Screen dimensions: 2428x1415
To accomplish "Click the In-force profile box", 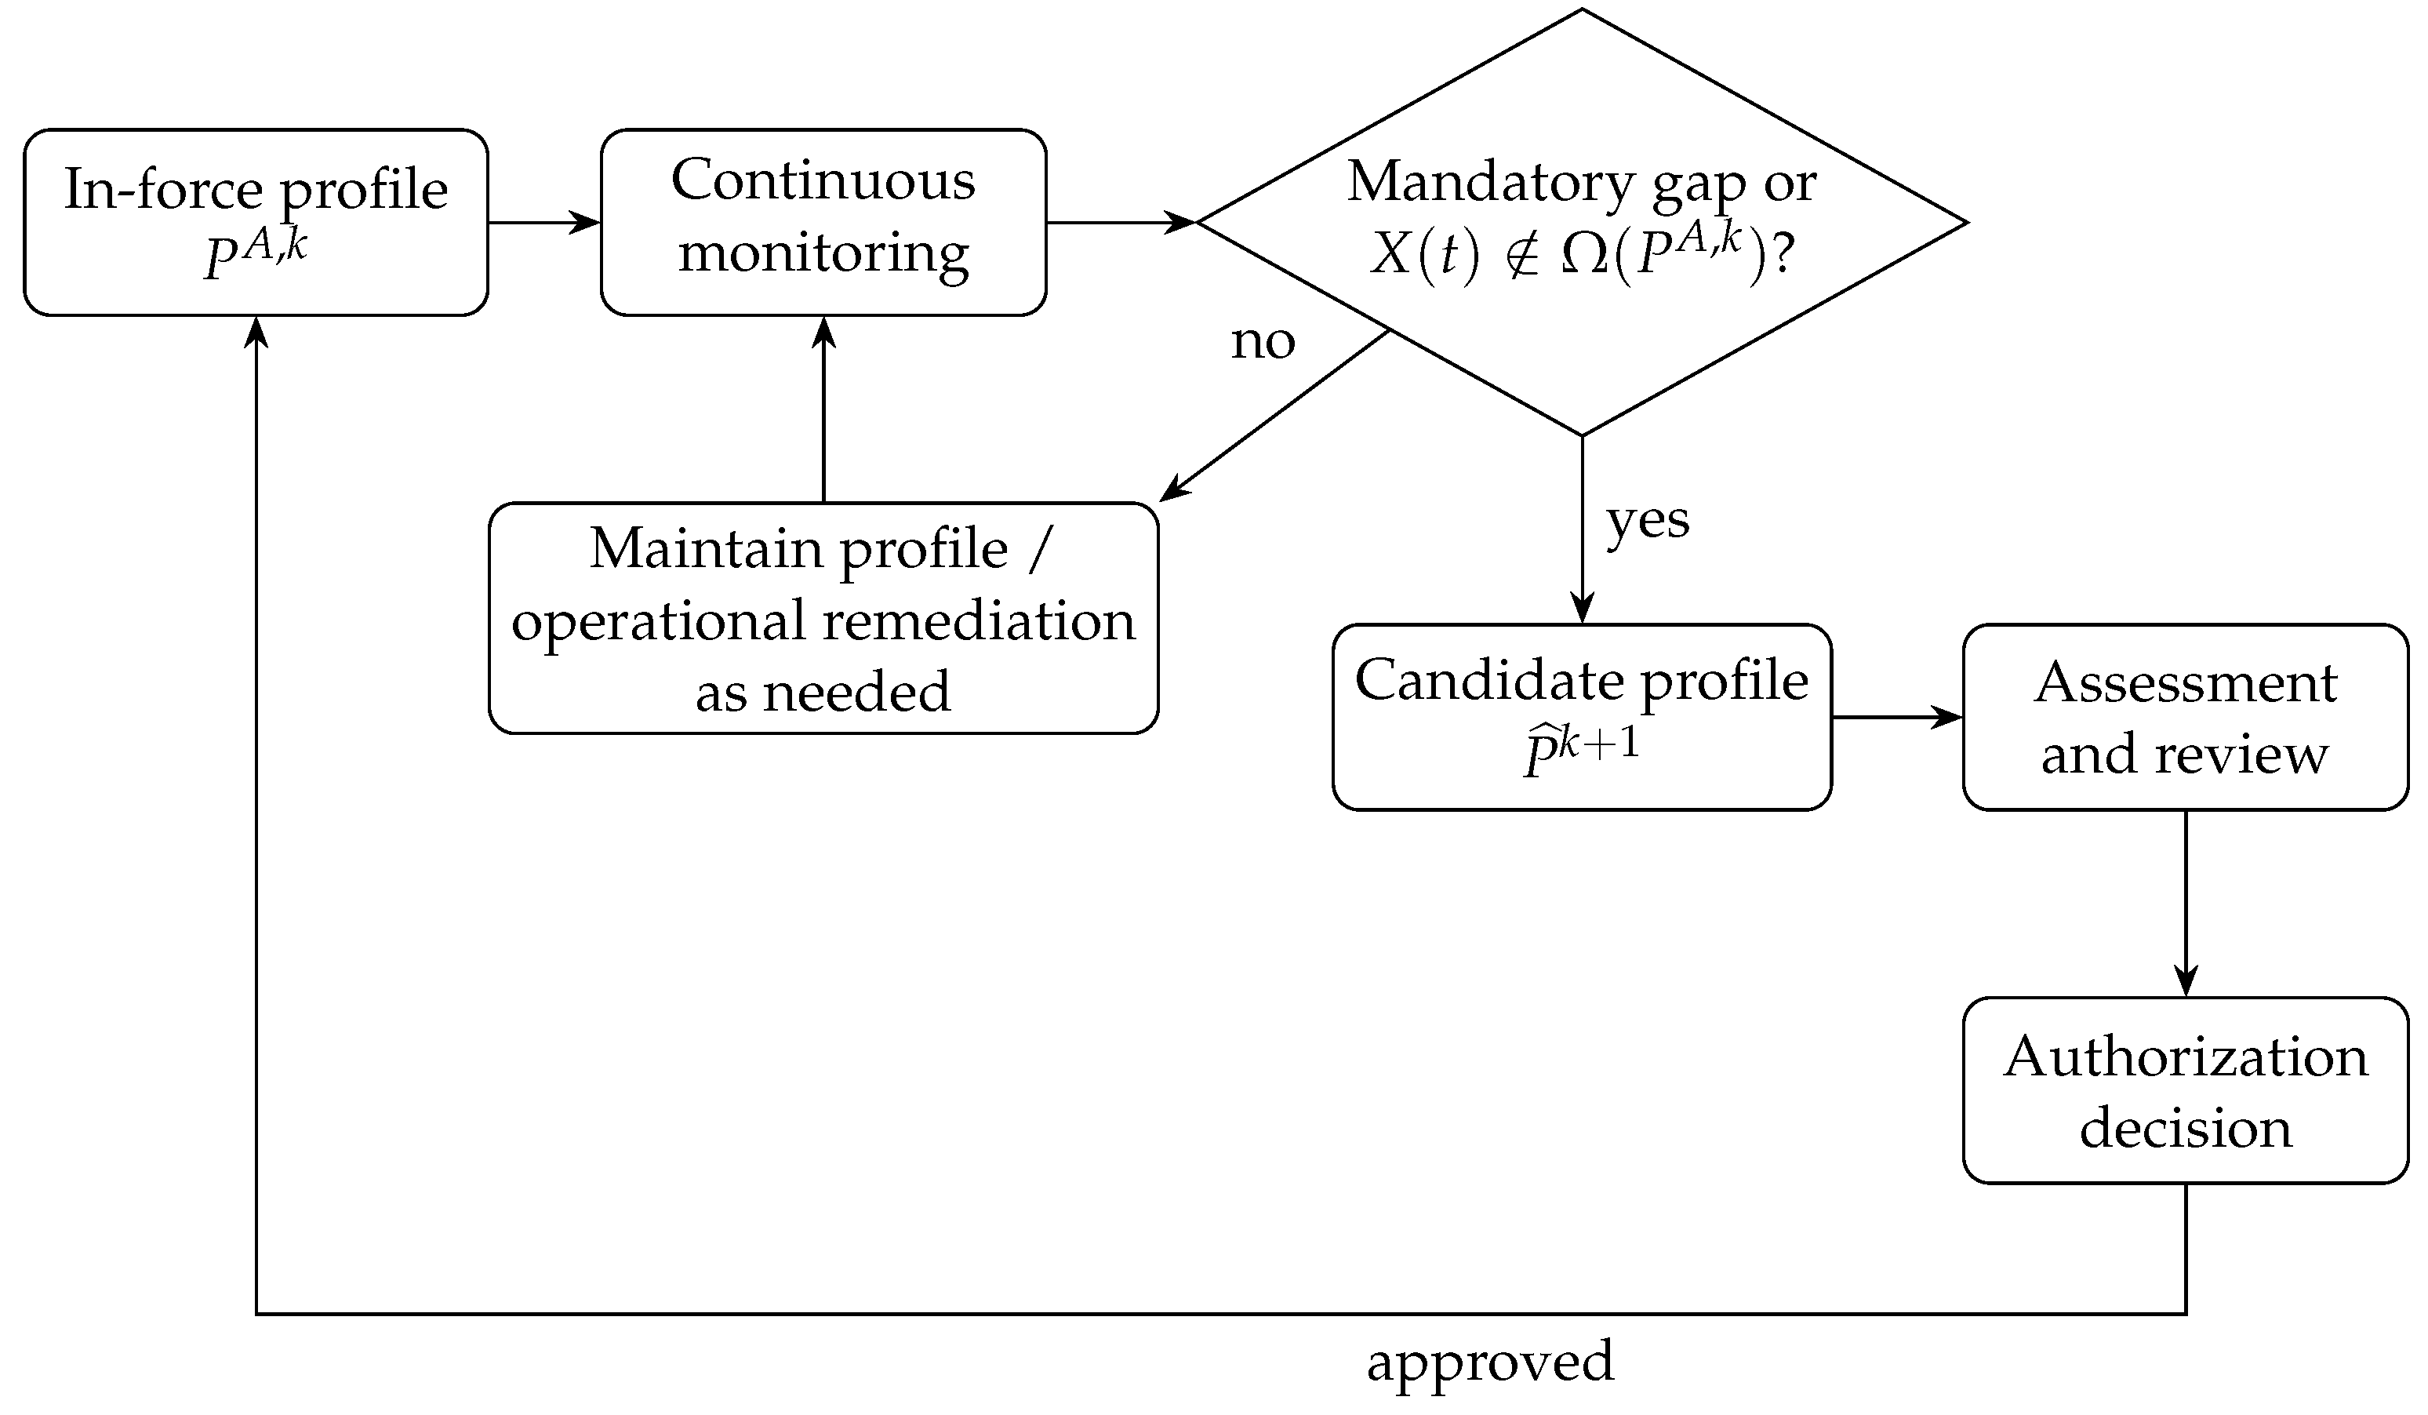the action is (x=256, y=223).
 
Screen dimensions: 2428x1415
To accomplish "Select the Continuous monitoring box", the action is (x=823, y=223).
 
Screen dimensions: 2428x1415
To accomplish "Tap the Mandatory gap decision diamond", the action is (x=1582, y=223).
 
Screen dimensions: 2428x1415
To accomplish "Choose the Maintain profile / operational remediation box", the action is (x=823, y=619).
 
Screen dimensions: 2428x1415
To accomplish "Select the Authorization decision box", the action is (x=2186, y=1091).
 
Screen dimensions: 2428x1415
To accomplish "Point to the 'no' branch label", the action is (x=1263, y=341).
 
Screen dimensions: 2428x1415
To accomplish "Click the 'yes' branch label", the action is (x=1648, y=523).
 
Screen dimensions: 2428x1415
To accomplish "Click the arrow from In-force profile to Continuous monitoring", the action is (x=544, y=223).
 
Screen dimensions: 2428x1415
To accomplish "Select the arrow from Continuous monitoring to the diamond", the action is (x=1121, y=223).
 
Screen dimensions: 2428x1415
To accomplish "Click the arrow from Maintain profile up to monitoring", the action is (x=823, y=409).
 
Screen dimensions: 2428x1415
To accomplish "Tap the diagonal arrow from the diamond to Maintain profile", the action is (x=1274, y=416).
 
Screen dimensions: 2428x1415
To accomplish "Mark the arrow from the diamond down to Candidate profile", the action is (x=1582, y=530).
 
